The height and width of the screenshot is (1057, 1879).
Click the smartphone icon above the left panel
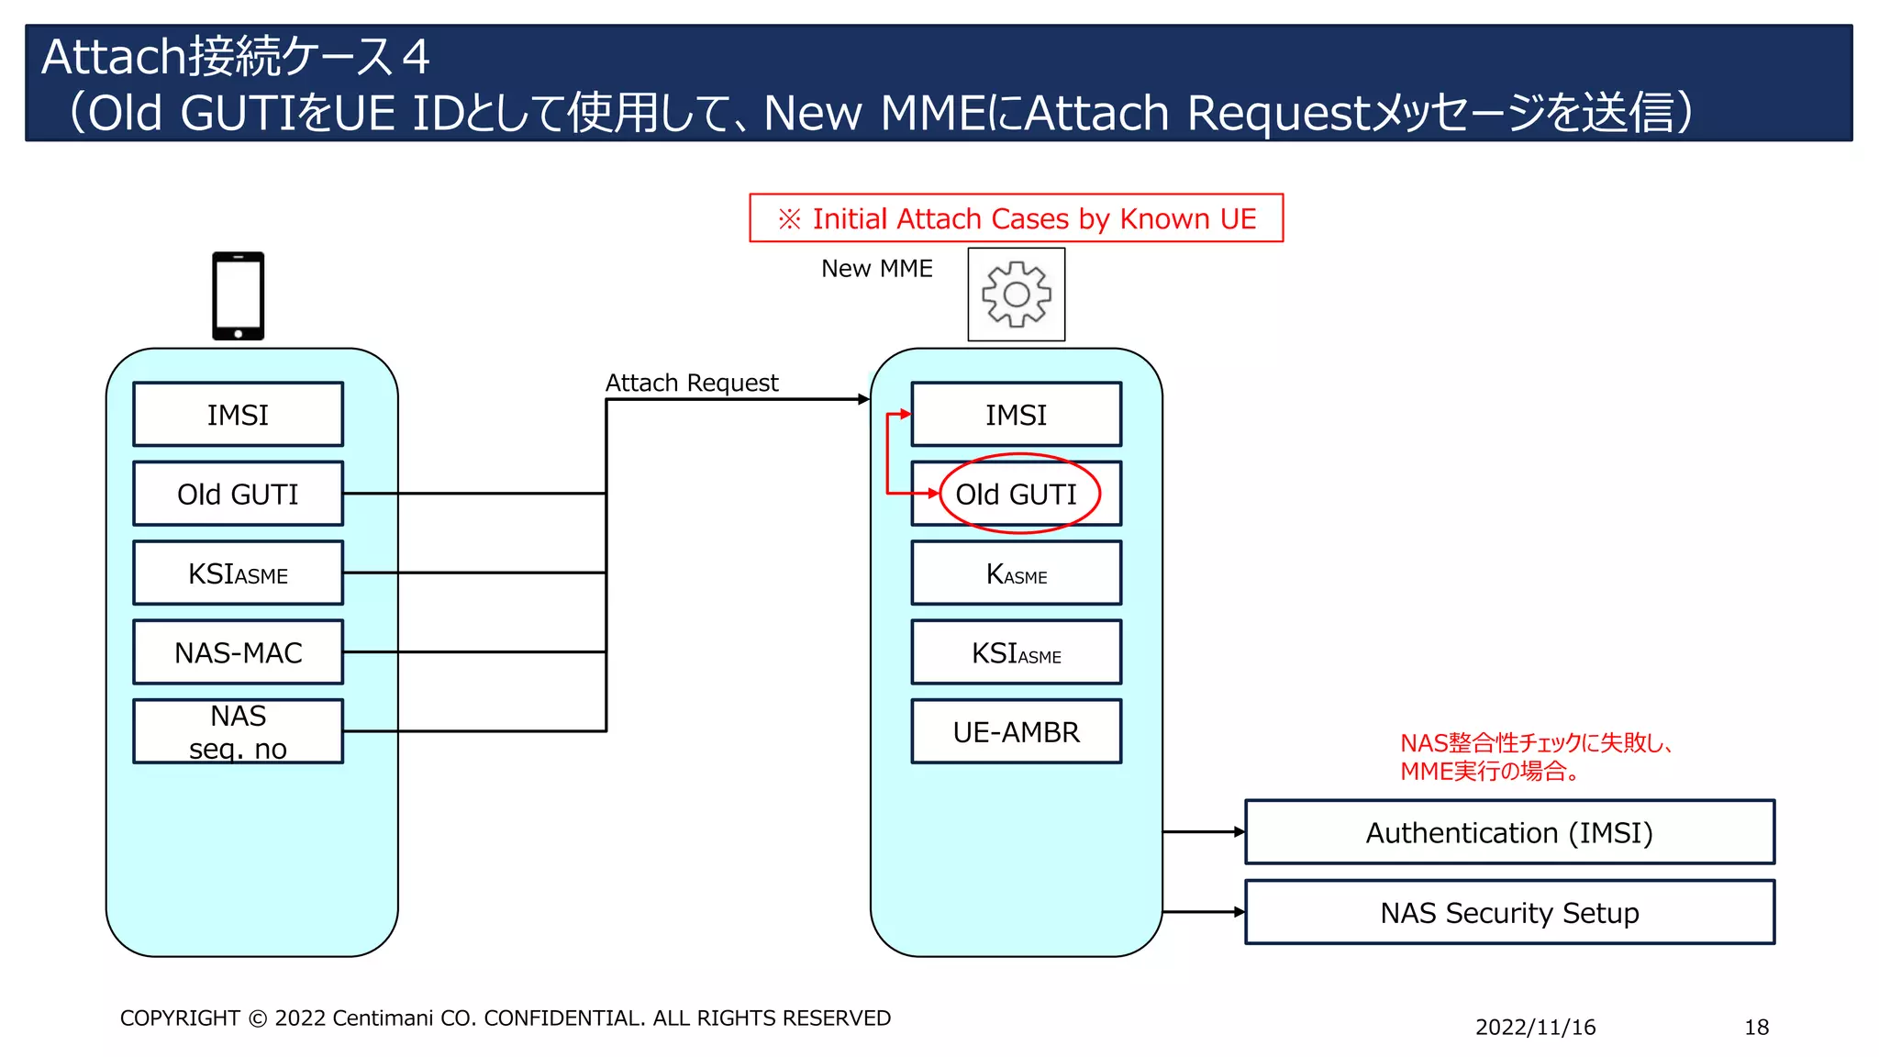coord(239,295)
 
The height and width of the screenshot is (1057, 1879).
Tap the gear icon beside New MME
coord(1016,295)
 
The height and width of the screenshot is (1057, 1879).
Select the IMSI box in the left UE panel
coord(238,415)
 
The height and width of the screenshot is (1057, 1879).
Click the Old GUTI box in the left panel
coord(238,494)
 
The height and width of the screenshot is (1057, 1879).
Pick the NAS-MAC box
coord(238,652)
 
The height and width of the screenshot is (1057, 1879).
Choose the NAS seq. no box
coord(238,731)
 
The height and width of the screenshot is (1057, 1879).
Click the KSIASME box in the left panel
coord(238,573)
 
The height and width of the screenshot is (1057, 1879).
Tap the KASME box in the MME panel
coord(1016,573)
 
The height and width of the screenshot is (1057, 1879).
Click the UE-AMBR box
coord(1016,731)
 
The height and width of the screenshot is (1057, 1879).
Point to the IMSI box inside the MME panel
coord(1016,415)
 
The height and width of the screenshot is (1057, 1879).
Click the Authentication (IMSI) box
coord(1508,832)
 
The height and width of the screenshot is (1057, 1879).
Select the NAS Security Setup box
coord(1508,912)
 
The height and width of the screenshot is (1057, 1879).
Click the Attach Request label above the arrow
coord(691,383)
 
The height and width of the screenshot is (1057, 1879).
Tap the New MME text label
coord(876,269)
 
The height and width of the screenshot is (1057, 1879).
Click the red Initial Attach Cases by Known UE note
coord(1016,218)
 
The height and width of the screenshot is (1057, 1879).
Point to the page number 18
coord(1756,1027)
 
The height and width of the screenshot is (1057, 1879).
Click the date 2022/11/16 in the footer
coord(1535,1027)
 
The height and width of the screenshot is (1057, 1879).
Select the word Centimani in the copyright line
coord(384,1018)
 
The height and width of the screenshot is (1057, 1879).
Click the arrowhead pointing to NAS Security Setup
coord(1240,912)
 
